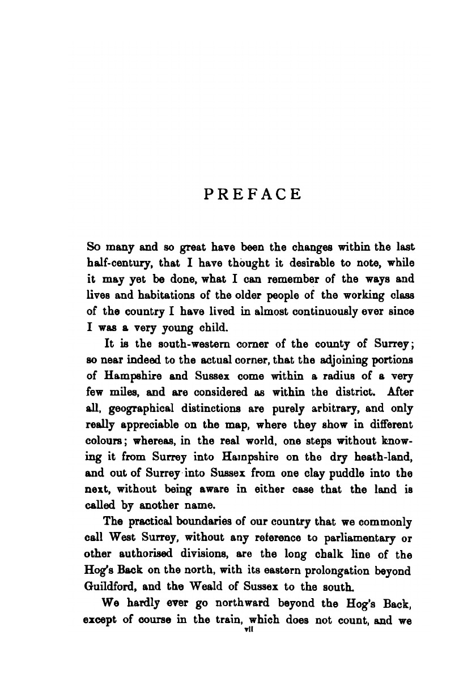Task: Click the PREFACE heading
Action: point(253,195)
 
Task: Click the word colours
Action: point(106,441)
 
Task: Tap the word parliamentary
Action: point(356,538)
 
